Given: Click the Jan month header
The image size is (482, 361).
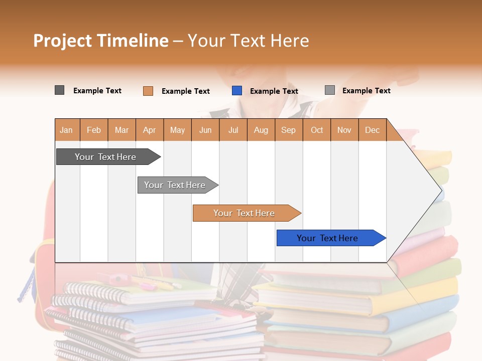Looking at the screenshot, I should [66, 130].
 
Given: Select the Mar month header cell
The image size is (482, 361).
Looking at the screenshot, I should [122, 130].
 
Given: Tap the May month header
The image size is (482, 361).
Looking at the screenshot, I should [177, 130].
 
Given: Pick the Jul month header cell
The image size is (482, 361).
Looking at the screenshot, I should [233, 130].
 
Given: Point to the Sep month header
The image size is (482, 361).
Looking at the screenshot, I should [288, 130].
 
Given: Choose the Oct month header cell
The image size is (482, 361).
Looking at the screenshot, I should [317, 130].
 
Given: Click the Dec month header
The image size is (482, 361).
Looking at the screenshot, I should [372, 130].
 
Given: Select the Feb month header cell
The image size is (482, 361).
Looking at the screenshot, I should [94, 130].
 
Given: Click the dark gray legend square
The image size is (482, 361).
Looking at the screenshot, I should [60, 90].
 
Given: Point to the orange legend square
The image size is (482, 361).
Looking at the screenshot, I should [148, 91].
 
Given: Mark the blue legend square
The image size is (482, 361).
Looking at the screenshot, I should [237, 91].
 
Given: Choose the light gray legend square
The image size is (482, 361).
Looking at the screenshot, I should [330, 90].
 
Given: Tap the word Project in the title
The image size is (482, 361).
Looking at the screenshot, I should [63, 41].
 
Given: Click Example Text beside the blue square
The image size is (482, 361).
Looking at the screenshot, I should [274, 91].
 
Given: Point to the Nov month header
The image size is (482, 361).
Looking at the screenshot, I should [344, 130].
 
